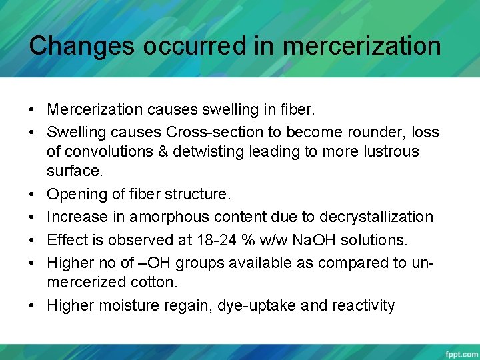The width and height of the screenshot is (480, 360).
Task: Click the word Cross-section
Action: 214,131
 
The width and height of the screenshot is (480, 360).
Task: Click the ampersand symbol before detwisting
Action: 164,151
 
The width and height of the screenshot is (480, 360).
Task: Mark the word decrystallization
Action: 376,217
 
